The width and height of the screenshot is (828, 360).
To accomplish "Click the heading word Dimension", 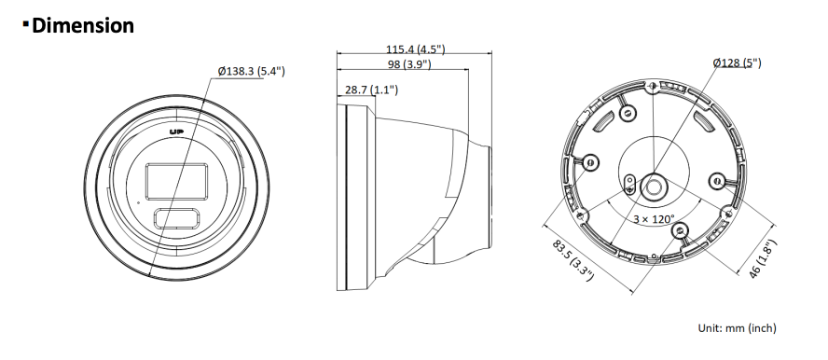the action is point(83,25).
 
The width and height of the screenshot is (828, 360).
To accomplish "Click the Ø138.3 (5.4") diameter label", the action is point(252,71).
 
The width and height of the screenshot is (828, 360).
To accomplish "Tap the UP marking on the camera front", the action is point(176,132).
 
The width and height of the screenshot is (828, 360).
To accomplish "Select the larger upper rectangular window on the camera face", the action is point(176,182).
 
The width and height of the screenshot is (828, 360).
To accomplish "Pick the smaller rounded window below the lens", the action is point(177,218).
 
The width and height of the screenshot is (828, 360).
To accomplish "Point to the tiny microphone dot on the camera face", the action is point(139,201).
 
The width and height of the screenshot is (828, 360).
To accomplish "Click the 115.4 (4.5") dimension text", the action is point(415,49).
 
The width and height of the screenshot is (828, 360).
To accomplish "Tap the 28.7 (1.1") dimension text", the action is point(371,90).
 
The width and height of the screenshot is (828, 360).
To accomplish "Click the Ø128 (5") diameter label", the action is point(738,62).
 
